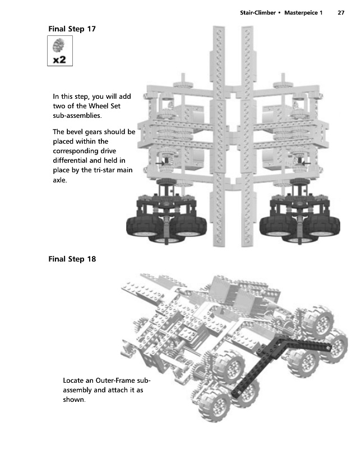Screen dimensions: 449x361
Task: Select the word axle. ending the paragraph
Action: [59, 180]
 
